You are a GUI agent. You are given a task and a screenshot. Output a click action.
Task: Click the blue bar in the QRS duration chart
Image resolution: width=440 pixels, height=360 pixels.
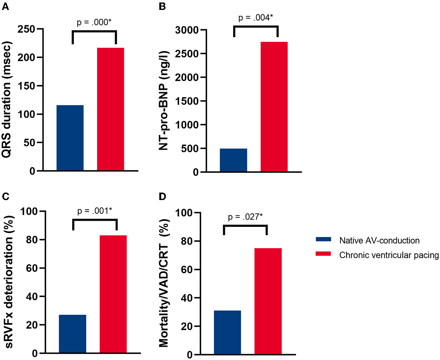[70, 138]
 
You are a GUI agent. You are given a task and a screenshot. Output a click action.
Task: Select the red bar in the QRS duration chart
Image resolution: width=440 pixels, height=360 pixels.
[111, 109]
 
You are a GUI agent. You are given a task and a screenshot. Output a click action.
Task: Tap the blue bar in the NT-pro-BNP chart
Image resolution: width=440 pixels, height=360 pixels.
[234, 160]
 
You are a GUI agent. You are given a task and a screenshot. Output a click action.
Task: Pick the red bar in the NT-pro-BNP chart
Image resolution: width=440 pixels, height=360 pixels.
[274, 107]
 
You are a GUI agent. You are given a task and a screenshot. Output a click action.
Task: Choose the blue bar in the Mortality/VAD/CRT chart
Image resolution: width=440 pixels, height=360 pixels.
[227, 332]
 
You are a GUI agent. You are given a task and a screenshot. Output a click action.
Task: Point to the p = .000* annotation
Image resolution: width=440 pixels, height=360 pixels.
[94, 22]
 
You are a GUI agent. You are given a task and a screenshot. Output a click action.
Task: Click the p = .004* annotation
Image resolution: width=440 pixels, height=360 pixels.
[256, 18]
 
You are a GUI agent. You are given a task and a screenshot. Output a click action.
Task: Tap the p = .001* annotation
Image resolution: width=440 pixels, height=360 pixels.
[94, 211]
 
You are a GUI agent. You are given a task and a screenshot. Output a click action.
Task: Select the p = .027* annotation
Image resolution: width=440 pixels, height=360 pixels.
[245, 217]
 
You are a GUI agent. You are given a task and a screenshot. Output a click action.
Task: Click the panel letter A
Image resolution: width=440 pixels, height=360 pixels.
[5, 7]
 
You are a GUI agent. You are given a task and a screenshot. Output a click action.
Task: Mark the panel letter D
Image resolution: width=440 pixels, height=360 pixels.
[162, 197]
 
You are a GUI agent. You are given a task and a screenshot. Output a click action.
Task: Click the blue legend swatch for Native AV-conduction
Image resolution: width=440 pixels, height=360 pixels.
[323, 239]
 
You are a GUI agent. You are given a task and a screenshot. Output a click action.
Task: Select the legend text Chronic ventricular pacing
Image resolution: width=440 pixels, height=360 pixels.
[389, 255]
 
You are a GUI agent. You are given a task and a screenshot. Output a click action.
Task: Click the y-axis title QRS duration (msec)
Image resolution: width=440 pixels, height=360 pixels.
[7, 99]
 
